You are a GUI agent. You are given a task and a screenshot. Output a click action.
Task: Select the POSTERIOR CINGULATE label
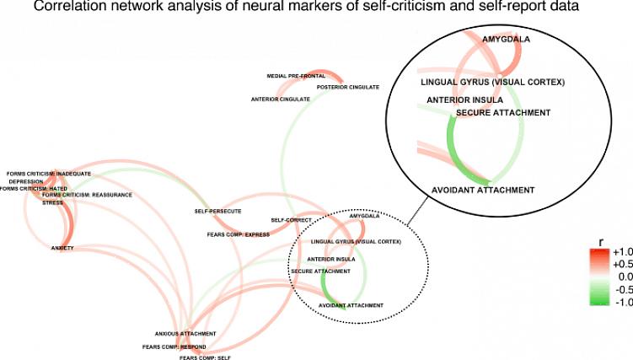pos(347,87)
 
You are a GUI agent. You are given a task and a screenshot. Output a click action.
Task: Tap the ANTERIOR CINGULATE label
pos(280,99)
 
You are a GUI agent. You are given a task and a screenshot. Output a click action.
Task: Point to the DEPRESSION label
pos(26,181)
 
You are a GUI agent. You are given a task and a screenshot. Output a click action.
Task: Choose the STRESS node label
pos(52,202)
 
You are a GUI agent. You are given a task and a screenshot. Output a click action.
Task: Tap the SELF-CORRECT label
pos(292,220)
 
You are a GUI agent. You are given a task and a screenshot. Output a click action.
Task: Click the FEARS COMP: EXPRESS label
pos(238,234)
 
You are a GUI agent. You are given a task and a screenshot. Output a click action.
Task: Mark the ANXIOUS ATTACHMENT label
pos(185,334)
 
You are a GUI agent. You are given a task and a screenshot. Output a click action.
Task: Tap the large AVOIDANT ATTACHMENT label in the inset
pos(482,190)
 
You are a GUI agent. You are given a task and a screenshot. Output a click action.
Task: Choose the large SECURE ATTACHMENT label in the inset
pos(502,112)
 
